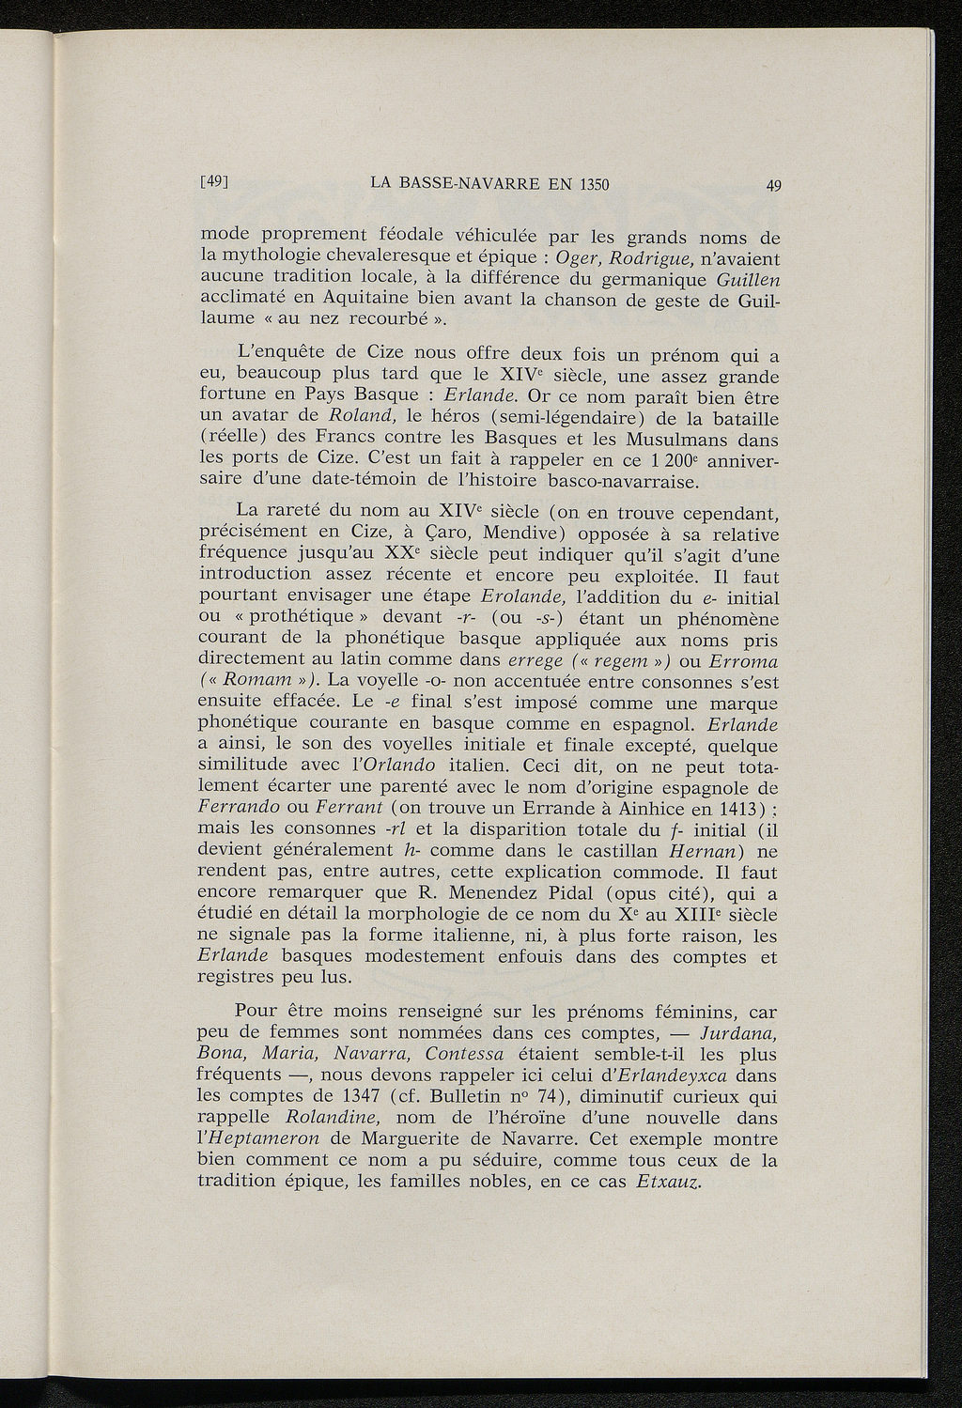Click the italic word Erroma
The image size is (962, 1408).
[743, 661]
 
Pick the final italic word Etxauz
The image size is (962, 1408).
[668, 1182]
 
